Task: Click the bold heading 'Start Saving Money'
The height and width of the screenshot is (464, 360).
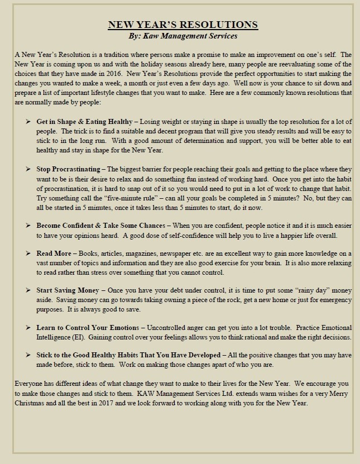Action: [x=68, y=291]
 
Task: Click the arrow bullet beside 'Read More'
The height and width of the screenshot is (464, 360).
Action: [x=28, y=253]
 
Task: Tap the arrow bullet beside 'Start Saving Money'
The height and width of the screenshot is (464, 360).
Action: [x=28, y=291]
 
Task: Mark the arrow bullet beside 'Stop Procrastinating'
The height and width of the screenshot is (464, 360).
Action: [x=28, y=169]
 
